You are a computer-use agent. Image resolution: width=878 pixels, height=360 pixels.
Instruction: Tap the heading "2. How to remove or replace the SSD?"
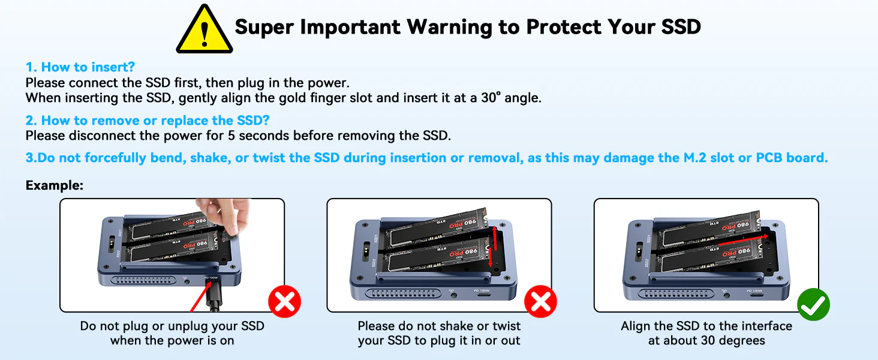(x=147, y=121)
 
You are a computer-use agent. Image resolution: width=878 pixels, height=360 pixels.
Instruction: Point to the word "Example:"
(x=54, y=185)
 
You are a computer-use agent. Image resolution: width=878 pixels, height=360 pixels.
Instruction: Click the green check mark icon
(x=813, y=305)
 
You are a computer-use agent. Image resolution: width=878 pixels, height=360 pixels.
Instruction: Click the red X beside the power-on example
(x=284, y=302)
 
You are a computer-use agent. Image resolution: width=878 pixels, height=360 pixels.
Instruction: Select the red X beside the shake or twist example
(x=540, y=302)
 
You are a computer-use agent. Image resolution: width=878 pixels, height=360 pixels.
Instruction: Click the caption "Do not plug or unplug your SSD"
(x=172, y=326)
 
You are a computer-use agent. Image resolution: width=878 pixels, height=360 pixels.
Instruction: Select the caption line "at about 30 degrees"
(x=706, y=341)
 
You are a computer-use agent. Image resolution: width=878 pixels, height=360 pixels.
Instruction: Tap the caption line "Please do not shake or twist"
(x=439, y=326)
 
